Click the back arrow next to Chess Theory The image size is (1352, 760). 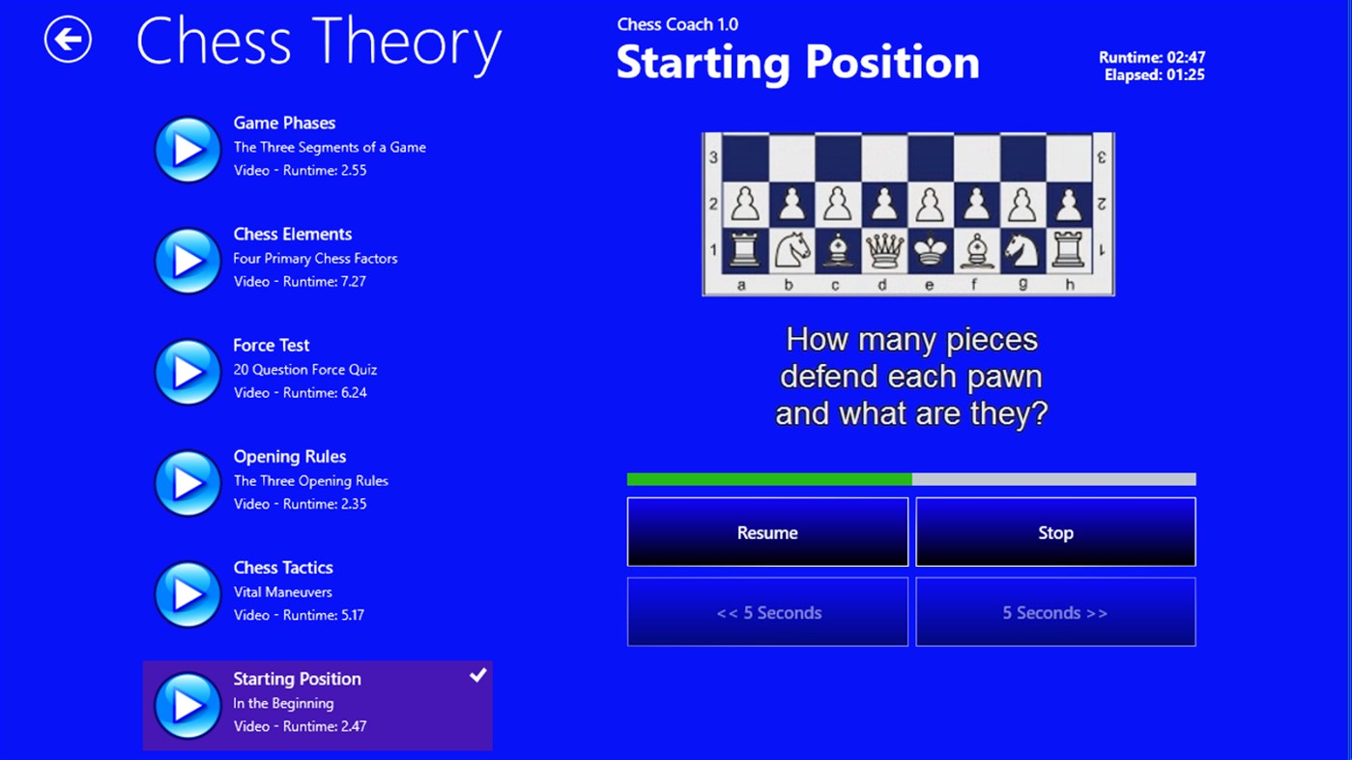[x=68, y=40]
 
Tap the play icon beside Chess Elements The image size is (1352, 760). [x=187, y=260]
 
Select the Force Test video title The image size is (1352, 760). [x=272, y=345]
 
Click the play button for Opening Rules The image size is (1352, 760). [x=187, y=482]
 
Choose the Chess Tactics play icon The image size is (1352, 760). [x=187, y=594]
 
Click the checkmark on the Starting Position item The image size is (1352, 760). [x=477, y=676]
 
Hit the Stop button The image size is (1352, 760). [x=1055, y=532]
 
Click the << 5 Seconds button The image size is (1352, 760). [x=767, y=612]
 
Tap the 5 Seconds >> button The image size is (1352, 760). [x=1055, y=612]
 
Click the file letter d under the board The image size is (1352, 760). [x=881, y=285]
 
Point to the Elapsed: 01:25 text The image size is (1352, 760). [x=1154, y=75]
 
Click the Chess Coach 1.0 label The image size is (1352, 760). [x=677, y=24]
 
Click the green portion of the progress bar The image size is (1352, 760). [x=768, y=479]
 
